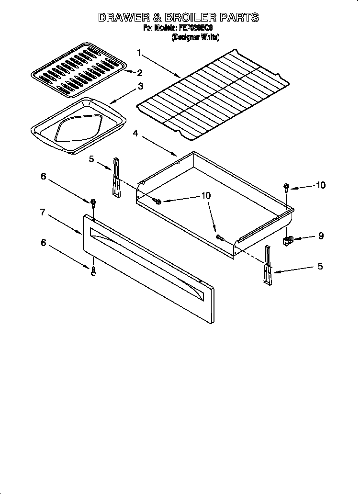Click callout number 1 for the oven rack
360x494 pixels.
[139, 52]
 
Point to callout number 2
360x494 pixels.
[139, 73]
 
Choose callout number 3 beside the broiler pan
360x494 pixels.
[140, 87]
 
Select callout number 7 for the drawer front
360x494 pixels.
[43, 212]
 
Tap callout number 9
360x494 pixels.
[320, 236]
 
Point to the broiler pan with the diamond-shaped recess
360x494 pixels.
[79, 125]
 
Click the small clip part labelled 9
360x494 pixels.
[289, 239]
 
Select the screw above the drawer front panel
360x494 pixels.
[93, 203]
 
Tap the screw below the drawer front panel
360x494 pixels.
[93, 271]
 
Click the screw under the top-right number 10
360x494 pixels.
[286, 187]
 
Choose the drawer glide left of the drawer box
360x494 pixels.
[116, 177]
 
